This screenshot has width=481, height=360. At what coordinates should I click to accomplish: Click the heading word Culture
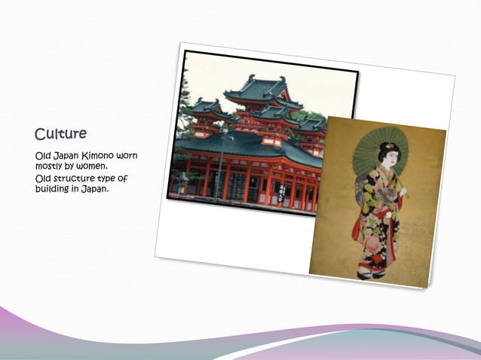(60, 134)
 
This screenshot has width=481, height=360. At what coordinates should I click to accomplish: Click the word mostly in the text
(51, 166)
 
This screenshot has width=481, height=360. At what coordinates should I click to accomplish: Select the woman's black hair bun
(389, 147)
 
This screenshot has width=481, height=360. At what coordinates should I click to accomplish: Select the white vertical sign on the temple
(281, 191)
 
